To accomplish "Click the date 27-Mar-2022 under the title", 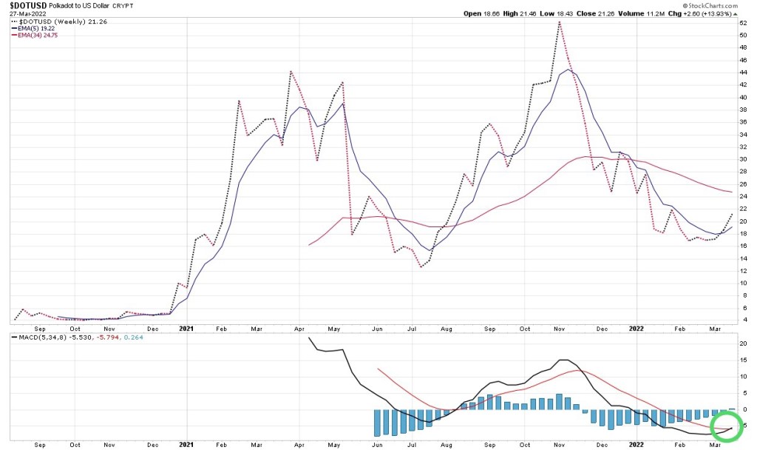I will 23,14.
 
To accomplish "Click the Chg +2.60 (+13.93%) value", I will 710,14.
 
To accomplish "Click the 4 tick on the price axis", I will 744,320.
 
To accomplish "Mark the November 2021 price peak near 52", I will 560,21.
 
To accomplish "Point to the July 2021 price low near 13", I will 421,267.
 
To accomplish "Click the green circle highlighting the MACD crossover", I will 727,426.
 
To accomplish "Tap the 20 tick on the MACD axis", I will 744,343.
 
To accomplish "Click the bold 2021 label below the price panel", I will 186,328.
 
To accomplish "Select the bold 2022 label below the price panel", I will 637,328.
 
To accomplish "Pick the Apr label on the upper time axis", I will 299,328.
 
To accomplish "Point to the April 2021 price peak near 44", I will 291,72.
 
